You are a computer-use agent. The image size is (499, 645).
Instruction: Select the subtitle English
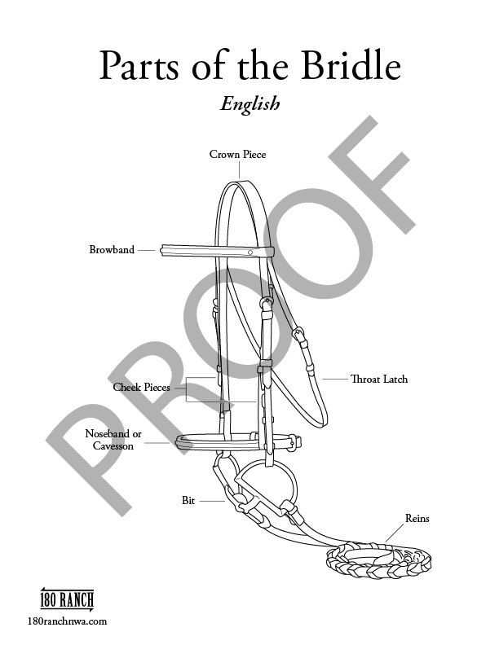click(249, 103)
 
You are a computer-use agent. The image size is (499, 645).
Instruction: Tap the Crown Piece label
click(237, 154)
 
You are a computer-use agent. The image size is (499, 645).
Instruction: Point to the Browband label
click(112, 250)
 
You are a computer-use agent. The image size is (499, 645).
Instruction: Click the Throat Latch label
click(379, 380)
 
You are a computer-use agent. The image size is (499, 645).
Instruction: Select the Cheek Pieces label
click(141, 388)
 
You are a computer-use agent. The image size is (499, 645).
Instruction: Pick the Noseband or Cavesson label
click(113, 440)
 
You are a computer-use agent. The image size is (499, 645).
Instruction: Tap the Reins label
click(417, 519)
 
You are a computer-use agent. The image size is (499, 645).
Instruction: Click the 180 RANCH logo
click(67, 601)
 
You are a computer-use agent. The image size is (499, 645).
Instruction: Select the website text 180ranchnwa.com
click(67, 621)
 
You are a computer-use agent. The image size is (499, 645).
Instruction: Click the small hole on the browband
click(251, 252)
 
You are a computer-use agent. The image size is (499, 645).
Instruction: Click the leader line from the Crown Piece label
click(237, 169)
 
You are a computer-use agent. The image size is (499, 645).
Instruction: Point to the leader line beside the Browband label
click(147, 250)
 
